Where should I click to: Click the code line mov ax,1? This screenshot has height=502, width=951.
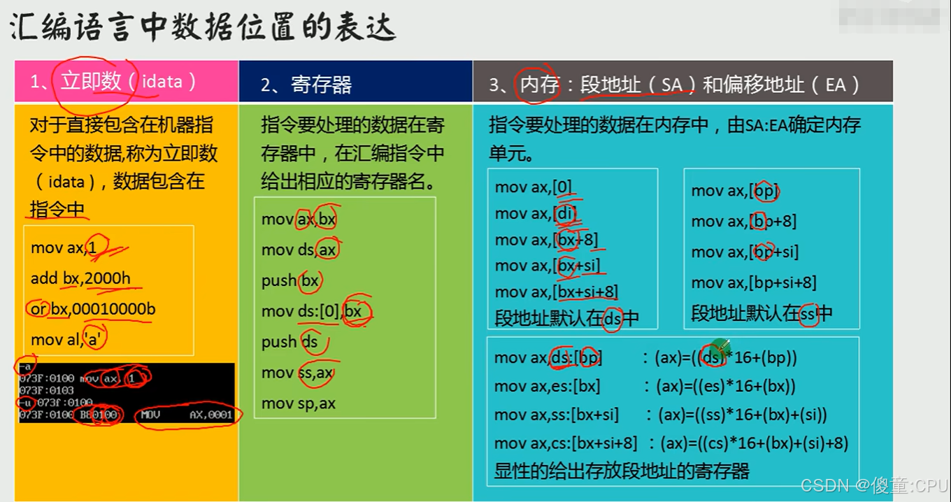(69, 248)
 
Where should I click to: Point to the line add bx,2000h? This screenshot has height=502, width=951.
(80, 278)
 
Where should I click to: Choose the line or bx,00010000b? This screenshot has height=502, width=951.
(92, 309)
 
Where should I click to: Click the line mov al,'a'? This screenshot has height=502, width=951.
(69, 340)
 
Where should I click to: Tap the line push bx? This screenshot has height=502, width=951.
(289, 280)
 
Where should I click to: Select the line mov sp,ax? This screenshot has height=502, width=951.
(299, 403)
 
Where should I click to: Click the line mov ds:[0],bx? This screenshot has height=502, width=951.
(312, 311)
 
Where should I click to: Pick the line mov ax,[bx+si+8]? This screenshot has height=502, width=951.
(556, 292)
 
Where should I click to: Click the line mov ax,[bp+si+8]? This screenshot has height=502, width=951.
(754, 282)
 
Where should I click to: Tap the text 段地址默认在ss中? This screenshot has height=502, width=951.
(761, 313)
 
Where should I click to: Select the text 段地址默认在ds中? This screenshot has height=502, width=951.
(566, 318)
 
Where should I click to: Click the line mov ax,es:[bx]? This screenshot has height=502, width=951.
(547, 386)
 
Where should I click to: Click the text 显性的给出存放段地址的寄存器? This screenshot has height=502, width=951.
(622, 471)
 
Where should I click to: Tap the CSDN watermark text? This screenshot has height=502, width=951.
(873, 485)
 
